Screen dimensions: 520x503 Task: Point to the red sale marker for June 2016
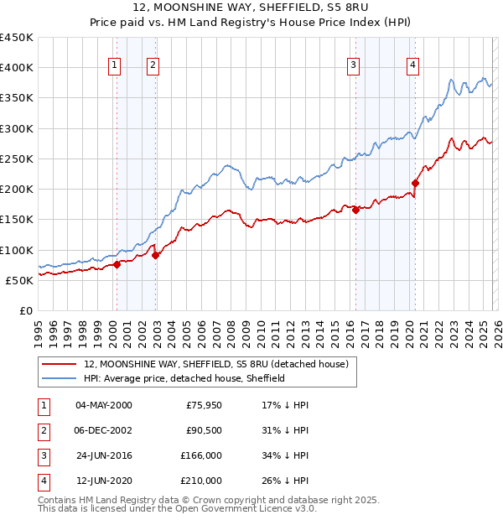[x=356, y=210]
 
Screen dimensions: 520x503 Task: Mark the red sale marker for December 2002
[x=155, y=255]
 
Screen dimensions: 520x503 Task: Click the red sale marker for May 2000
[x=117, y=264]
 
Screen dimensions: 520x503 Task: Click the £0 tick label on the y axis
[x=26, y=310]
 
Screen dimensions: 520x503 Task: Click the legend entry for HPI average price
[x=185, y=378]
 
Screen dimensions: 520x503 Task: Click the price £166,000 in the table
[x=201, y=455]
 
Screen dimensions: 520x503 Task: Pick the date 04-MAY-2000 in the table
[x=104, y=405]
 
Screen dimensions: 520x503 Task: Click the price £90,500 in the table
[x=204, y=430]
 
